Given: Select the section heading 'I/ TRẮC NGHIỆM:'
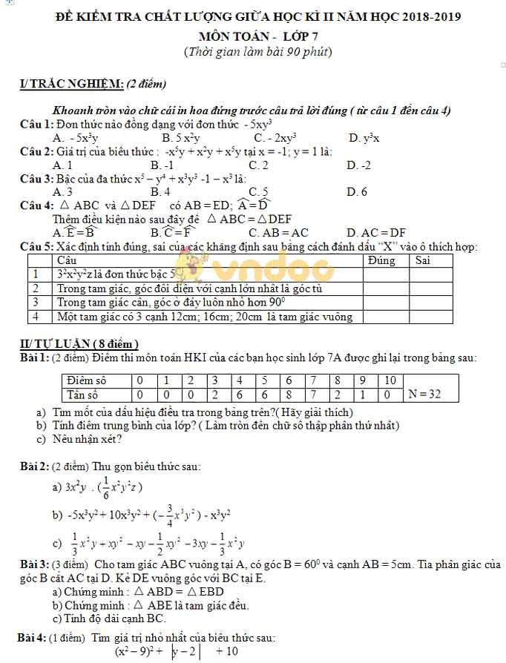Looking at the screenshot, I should coord(71,84).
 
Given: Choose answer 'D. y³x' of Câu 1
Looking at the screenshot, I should coord(364,137).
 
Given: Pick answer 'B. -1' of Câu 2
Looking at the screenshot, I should coord(162,165).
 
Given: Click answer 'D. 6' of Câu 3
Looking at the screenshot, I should coord(356,192).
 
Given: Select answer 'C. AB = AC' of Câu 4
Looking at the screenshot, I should coord(279,232).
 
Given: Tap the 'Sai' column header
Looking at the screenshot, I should coord(422,260).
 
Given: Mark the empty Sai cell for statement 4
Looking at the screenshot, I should coord(430,317).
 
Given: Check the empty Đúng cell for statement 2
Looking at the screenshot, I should coord(385,288).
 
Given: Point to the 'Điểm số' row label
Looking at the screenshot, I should coord(87,380).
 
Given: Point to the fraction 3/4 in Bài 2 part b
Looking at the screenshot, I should coord(169,513).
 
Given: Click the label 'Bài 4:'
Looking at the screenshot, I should coord(32,637).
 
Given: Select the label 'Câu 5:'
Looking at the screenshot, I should coord(36,246).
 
